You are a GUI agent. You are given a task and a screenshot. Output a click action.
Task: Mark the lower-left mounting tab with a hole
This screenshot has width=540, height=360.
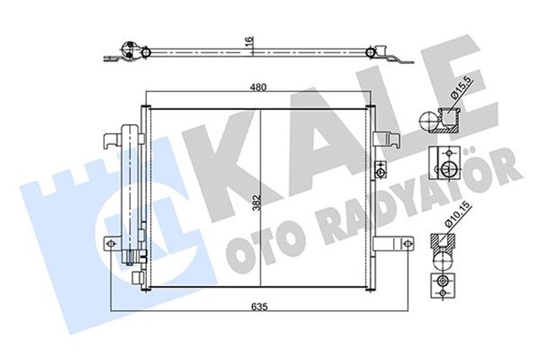pos(111,244)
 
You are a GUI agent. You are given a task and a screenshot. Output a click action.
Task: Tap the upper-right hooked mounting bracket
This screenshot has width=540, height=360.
pos(391,137)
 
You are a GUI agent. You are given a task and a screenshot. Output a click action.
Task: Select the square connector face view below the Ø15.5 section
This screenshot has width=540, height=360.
pos(444,165)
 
